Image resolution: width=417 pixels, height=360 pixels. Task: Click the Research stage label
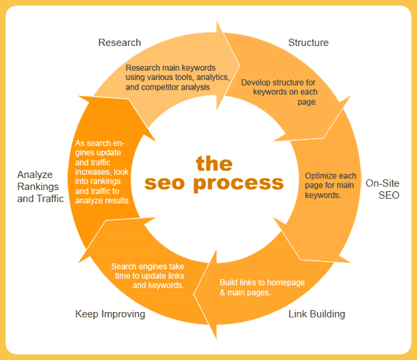(120, 42)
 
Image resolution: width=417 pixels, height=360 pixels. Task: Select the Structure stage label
(308, 42)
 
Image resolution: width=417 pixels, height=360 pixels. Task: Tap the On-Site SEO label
(382, 190)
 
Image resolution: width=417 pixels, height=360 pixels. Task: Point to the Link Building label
(316, 314)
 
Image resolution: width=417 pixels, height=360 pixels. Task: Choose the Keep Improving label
(110, 314)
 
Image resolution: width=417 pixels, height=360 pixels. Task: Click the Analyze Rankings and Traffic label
(40, 186)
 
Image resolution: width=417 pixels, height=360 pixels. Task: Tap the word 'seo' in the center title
(165, 183)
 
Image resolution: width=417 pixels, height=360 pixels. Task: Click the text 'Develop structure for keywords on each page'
(278, 92)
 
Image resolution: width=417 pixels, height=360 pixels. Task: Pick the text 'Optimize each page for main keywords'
(332, 186)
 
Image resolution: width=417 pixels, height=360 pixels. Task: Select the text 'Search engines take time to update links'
(147, 275)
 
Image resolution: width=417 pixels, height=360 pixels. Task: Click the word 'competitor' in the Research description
(157, 88)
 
